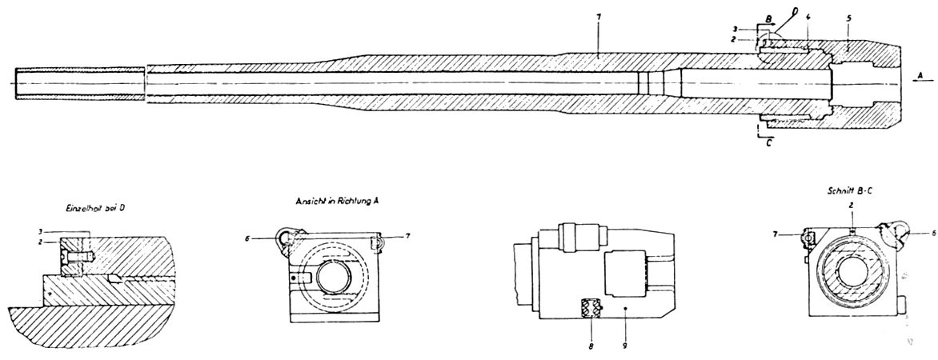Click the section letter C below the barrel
pyautogui.click(x=769, y=144)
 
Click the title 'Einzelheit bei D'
pyautogui.click(x=95, y=207)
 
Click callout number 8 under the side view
pyautogui.click(x=591, y=348)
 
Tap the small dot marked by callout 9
pyautogui.click(x=624, y=307)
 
